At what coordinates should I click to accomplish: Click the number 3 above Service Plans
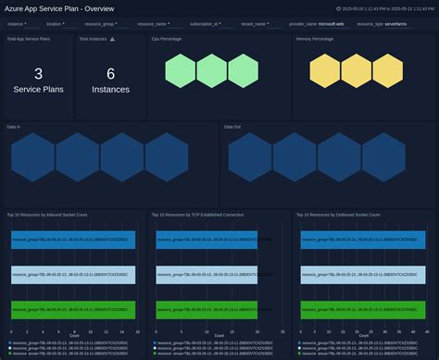(38, 75)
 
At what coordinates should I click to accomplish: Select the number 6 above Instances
(110, 75)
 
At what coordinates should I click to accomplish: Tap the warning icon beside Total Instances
(112, 39)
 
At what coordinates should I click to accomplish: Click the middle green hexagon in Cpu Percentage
(213, 71)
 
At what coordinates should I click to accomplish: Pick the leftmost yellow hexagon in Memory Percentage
(325, 71)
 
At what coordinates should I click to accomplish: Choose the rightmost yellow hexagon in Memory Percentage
(387, 71)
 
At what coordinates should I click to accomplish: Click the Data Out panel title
(233, 126)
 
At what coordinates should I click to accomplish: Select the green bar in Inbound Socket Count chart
(73, 310)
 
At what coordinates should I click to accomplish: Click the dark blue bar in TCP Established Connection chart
(218, 239)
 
